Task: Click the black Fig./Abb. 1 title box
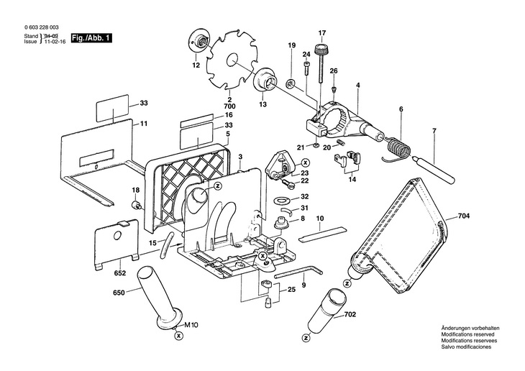91,38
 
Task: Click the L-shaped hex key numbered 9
298,270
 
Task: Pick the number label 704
464,216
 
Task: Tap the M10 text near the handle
191,324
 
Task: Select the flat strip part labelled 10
323,234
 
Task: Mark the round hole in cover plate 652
117,236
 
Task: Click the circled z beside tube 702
306,339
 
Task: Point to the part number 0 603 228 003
39,28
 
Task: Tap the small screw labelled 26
334,89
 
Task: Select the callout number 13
262,104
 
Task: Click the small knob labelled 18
137,204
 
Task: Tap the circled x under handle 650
180,336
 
